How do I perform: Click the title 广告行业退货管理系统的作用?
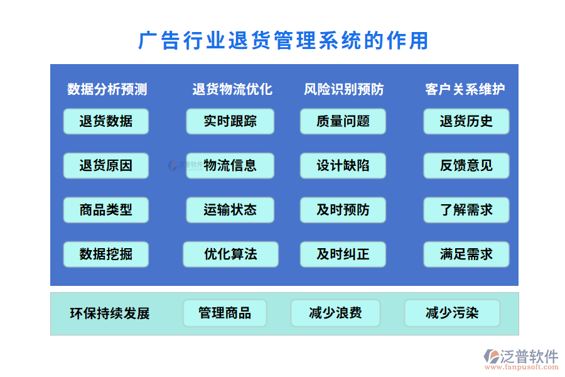tap(283, 41)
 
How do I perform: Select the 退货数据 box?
tap(106, 121)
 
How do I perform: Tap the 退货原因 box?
tap(106, 166)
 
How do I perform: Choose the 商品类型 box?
tap(106, 210)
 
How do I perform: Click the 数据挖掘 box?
tap(106, 254)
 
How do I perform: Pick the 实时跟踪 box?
tap(230, 121)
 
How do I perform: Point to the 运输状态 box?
tap(230, 210)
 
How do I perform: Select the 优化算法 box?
tap(230, 254)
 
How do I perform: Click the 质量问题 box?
tap(343, 121)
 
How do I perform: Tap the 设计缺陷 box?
tap(343, 166)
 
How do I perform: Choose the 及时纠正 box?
tap(343, 254)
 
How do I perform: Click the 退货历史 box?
tap(466, 121)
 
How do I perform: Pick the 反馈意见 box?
tap(466, 166)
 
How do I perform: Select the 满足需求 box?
tap(466, 254)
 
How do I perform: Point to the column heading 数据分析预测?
tap(107, 89)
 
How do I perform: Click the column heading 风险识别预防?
tap(344, 89)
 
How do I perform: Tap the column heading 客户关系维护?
tap(465, 89)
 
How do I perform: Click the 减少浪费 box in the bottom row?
tap(335, 313)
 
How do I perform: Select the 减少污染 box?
tap(452, 313)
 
